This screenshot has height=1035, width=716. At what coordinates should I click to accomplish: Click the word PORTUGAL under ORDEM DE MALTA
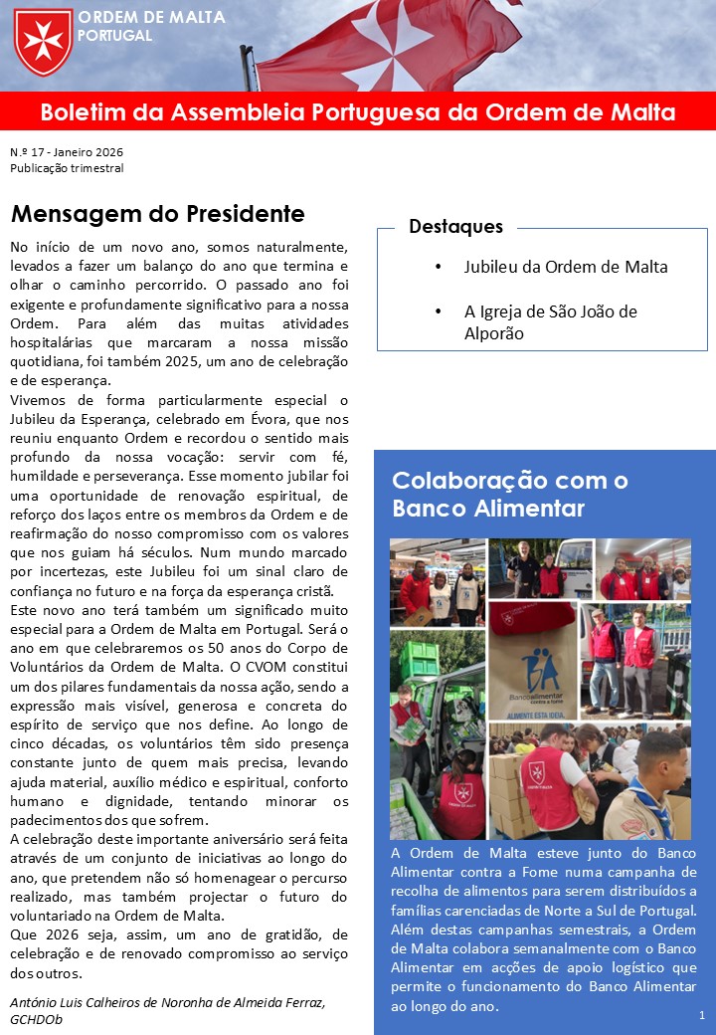(115, 36)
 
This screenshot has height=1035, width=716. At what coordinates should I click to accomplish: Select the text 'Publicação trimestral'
(67, 168)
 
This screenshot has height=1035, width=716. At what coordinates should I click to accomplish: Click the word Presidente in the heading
(238, 214)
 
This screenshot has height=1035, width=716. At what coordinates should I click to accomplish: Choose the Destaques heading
(455, 226)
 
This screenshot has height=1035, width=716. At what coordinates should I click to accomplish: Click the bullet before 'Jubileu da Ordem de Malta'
(439, 268)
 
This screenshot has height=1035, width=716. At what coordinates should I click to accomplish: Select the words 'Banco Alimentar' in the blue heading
(487, 510)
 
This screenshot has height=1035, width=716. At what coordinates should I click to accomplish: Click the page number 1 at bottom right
(701, 1015)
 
